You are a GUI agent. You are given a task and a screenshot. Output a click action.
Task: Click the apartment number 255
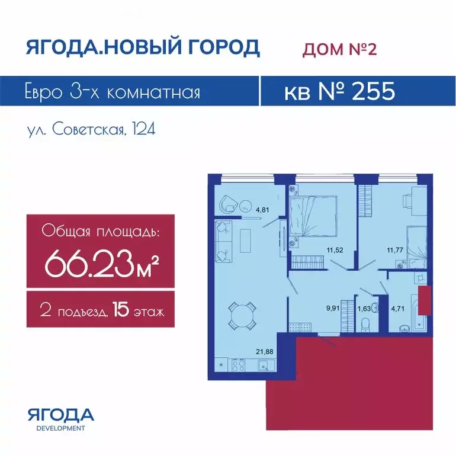click(374, 91)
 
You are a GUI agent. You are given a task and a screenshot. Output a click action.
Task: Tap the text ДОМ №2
click(340, 49)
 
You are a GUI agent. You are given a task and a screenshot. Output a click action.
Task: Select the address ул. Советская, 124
click(91, 129)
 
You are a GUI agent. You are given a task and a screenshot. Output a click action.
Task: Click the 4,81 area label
click(262, 210)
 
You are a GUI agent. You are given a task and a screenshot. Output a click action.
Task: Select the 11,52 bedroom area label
click(335, 249)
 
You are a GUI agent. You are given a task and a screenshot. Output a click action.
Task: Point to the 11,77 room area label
click(395, 249)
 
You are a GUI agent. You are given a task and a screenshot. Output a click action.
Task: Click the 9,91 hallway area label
click(333, 308)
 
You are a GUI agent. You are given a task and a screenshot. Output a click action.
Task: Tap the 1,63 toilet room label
click(364, 309)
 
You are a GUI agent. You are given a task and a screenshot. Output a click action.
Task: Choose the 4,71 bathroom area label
click(397, 309)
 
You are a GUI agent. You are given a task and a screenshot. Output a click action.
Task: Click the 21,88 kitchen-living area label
click(265, 351)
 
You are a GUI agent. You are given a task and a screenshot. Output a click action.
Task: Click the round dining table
click(242, 316)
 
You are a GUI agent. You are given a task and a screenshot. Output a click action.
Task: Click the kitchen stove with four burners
click(239, 365)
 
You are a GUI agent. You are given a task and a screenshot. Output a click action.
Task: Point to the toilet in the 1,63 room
click(365, 325)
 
